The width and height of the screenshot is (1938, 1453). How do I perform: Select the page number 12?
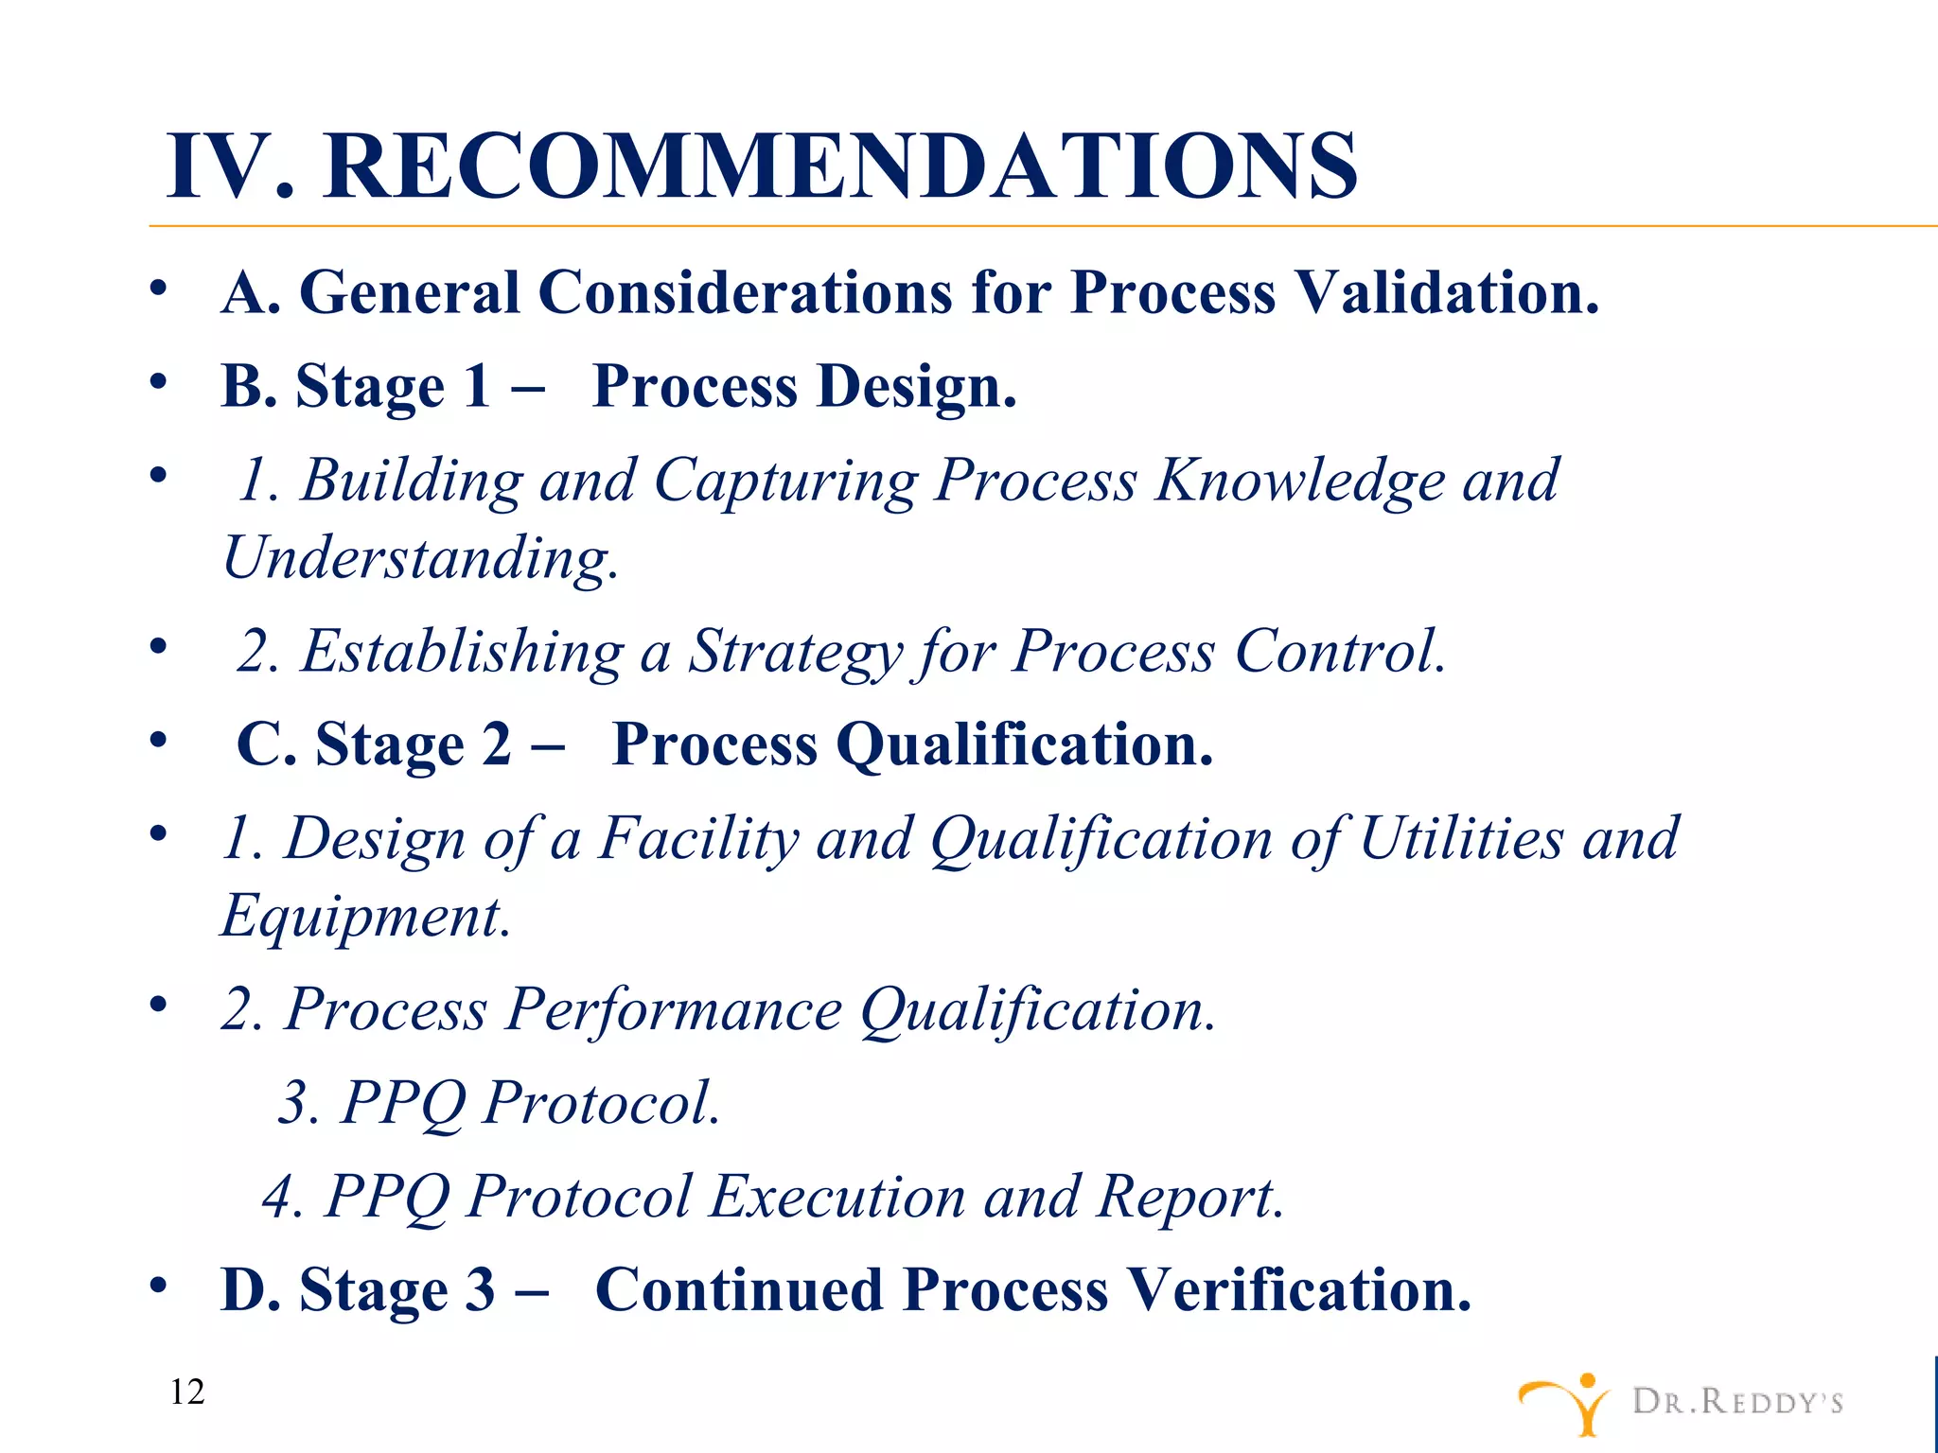[187, 1392]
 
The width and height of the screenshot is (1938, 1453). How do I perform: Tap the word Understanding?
[420, 557]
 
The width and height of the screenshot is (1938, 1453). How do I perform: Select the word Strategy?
[795, 652]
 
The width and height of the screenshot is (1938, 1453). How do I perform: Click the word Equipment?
[365, 917]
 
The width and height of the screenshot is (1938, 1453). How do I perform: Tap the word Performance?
[673, 1009]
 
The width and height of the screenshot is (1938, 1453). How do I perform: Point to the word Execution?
[837, 1197]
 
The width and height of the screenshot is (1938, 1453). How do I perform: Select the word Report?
[1189, 1197]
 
